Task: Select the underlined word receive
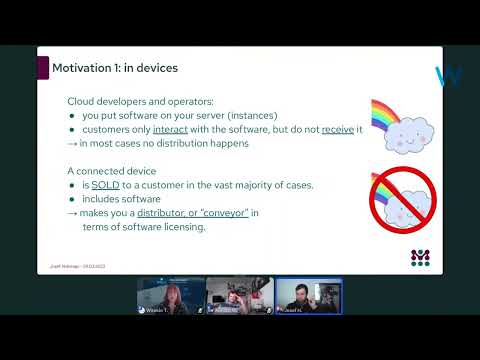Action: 339,130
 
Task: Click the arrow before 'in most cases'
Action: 71,144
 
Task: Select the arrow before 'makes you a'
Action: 71,213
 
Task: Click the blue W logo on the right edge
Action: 448,76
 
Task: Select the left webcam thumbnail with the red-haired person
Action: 171,297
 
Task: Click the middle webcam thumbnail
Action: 239,297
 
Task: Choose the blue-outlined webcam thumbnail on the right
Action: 308,297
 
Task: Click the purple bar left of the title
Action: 42,68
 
